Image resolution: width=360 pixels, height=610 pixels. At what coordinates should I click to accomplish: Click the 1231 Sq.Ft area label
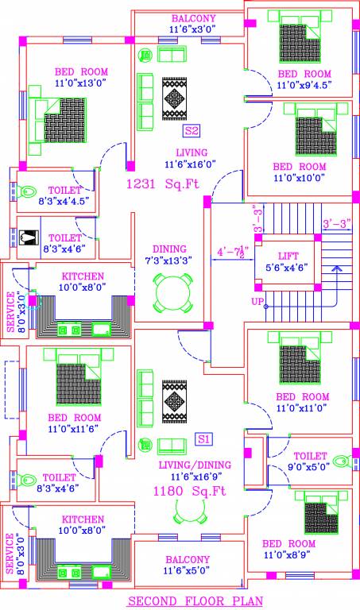coord(163,184)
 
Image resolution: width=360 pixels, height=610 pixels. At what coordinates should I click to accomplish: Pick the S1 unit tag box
coord(203,438)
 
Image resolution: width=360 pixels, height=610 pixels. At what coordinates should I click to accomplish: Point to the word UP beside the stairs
coord(258,303)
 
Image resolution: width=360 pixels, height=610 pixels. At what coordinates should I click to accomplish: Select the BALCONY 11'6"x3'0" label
coord(193,24)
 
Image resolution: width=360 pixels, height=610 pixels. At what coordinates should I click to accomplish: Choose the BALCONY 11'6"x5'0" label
coord(188,565)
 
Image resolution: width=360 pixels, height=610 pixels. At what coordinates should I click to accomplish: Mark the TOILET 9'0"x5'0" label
coord(309,461)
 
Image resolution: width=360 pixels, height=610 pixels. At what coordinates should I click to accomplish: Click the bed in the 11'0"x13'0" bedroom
coord(56,118)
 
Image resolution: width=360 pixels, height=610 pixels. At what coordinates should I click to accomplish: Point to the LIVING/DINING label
coord(192,465)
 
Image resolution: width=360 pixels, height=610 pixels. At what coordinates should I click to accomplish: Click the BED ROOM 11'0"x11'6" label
coord(74,423)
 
